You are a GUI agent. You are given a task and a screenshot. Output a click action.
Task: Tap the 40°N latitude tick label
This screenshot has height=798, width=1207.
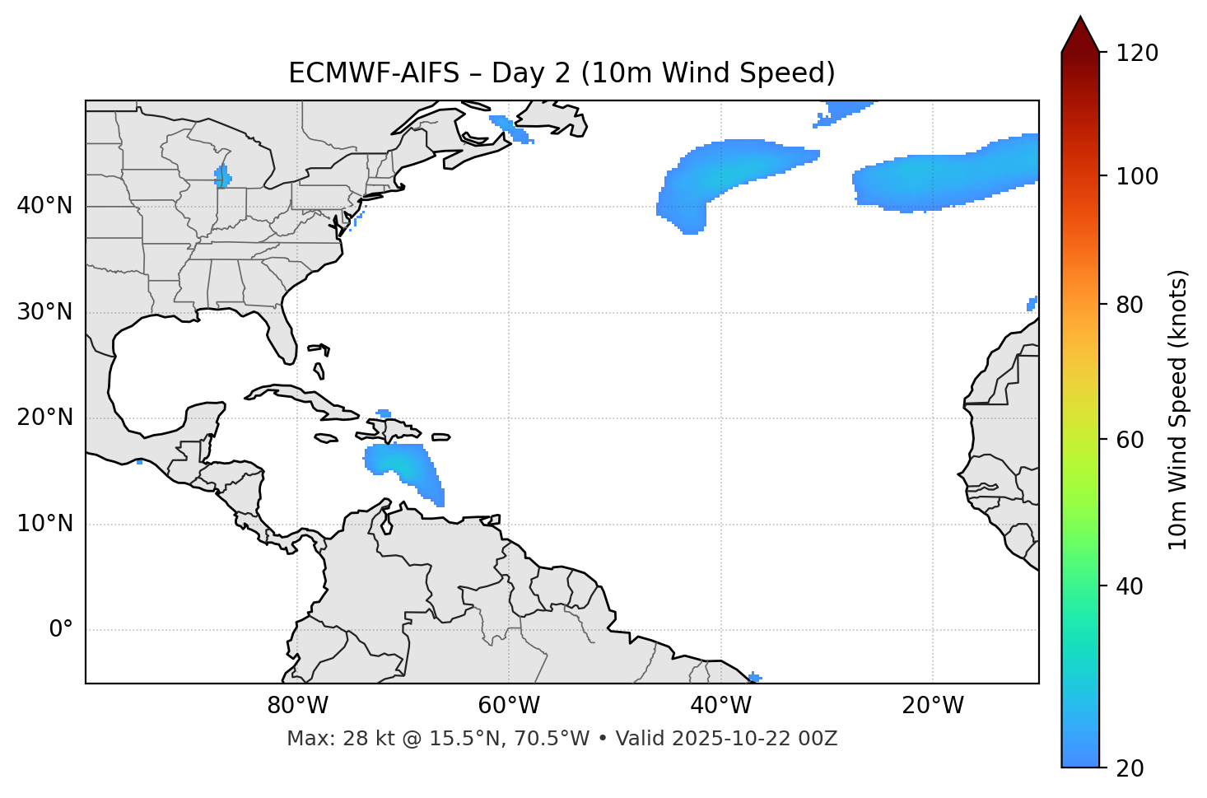pyautogui.click(x=44, y=205)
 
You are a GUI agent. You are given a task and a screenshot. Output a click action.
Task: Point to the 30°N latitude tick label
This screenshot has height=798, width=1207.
pyautogui.click(x=44, y=312)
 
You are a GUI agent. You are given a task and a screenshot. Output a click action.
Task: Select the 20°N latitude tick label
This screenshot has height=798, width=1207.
pyautogui.click(x=44, y=418)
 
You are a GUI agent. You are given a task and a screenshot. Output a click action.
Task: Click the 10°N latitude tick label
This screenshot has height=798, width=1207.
pyautogui.click(x=44, y=524)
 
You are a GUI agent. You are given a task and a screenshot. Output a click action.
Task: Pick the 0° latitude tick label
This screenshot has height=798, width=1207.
pyautogui.click(x=61, y=630)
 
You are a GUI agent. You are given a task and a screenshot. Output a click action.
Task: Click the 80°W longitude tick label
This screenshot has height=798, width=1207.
pyautogui.click(x=297, y=706)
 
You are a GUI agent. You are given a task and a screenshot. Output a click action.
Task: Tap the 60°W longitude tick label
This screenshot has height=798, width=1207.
pyautogui.click(x=509, y=706)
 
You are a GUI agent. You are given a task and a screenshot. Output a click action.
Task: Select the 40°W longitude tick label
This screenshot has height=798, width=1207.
pyautogui.click(x=721, y=706)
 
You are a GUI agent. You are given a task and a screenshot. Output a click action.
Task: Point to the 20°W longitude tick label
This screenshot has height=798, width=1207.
pyautogui.click(x=933, y=706)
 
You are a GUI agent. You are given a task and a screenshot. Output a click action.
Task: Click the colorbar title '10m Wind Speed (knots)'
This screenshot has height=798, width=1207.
pyautogui.click(x=1178, y=409)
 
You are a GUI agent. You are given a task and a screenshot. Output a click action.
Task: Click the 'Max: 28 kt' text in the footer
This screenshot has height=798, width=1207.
pyautogui.click(x=322, y=739)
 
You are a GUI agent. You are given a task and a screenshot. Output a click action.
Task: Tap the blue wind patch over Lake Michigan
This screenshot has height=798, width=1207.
pyautogui.click(x=222, y=177)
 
